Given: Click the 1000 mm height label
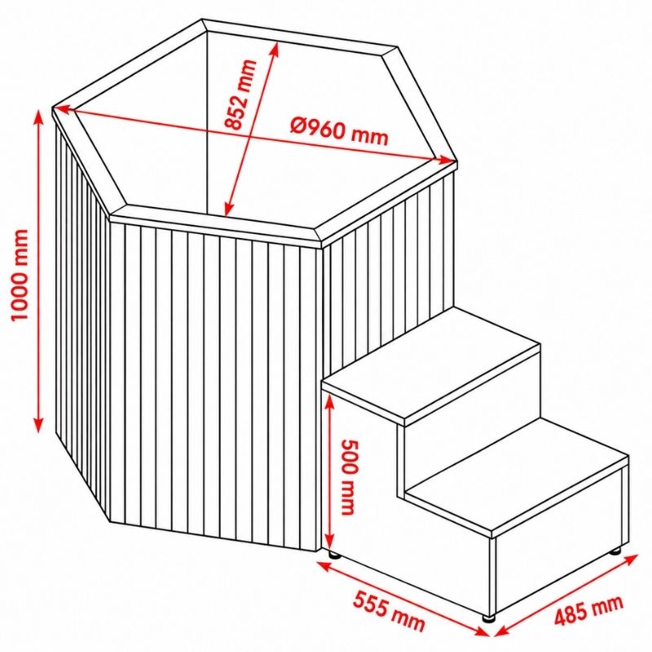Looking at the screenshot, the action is tap(20, 275).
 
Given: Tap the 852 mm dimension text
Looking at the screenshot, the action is tap(240, 95).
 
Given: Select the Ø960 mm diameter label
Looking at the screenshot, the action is tap(339, 130).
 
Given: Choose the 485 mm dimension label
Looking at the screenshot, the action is tap(589, 610).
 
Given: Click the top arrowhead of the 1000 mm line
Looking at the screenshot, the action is tap(38, 117).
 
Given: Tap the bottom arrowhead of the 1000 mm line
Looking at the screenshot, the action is tap(38, 425).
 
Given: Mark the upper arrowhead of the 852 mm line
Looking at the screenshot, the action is tap(275, 50).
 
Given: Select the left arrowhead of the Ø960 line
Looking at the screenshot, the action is tap(63, 109).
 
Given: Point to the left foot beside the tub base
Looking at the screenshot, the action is tap(335, 555).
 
